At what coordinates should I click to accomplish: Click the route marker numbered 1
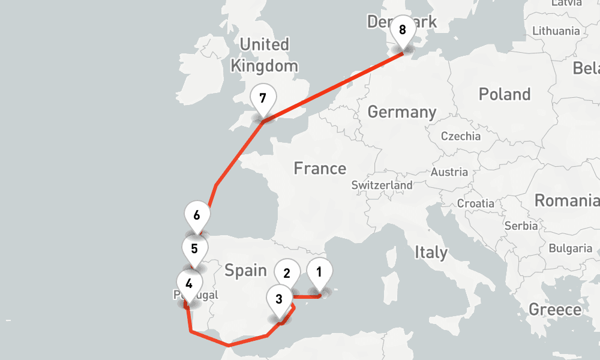319,272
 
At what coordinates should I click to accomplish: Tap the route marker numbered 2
287,274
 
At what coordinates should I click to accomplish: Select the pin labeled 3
279,299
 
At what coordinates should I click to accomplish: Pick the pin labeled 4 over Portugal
189,284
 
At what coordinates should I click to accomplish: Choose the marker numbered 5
194,249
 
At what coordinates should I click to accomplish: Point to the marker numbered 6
197,215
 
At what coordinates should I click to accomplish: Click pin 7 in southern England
262,98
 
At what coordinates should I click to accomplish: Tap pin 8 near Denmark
402,30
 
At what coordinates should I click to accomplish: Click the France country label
320,169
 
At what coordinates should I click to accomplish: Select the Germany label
401,112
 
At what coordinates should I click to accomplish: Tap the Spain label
245,271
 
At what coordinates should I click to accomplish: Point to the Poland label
504,94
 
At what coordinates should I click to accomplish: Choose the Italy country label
431,253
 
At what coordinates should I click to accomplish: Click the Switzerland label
382,185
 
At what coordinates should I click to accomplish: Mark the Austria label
449,172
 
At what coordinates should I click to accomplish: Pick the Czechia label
460,136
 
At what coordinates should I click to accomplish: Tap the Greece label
554,310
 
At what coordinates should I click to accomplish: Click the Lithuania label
556,31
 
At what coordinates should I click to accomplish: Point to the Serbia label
521,226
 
